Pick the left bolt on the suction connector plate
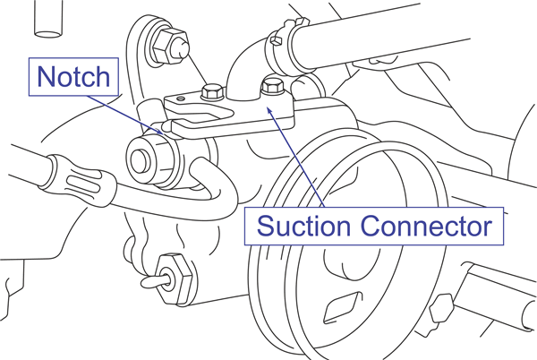coord(213,91)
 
